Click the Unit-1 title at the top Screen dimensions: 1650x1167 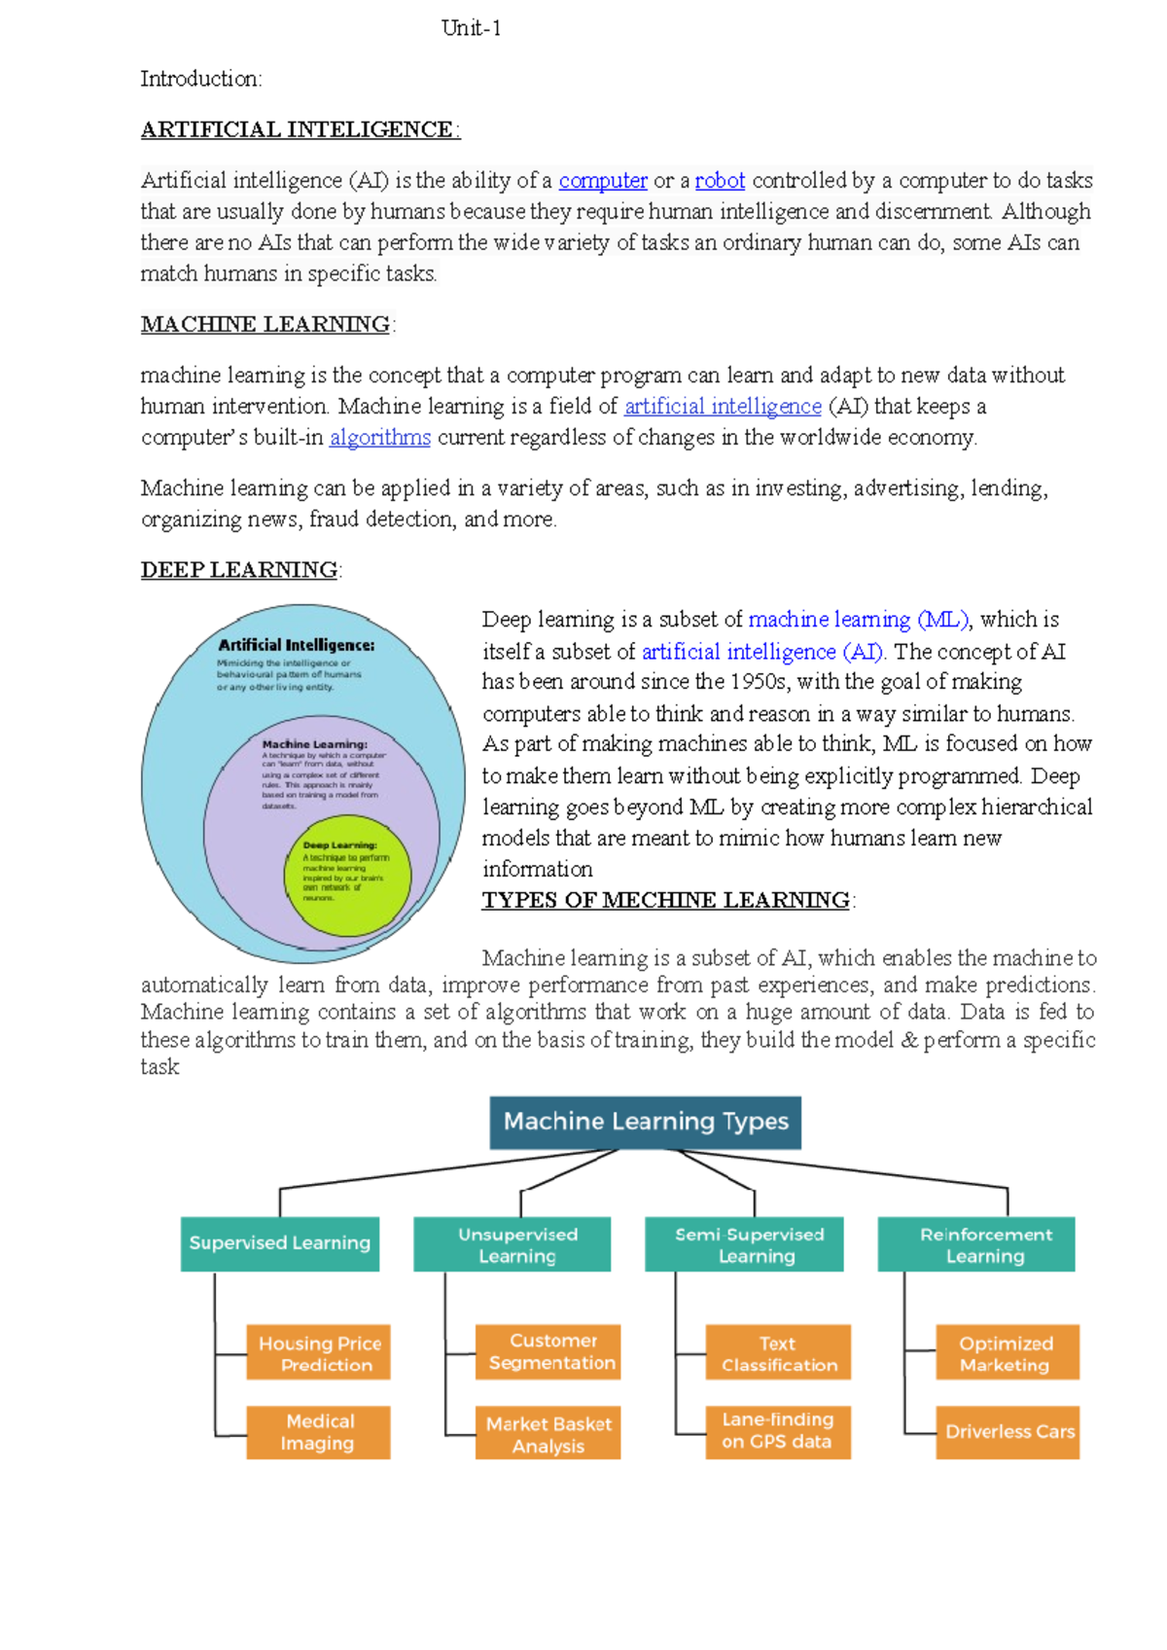[x=471, y=28]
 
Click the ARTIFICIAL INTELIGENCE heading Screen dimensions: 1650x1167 [x=298, y=130]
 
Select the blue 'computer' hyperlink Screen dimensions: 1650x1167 [x=603, y=181]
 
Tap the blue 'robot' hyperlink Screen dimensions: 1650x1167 [x=720, y=181]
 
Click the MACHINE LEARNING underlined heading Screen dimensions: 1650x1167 [x=265, y=325]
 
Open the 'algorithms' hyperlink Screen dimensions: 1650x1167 [x=379, y=438]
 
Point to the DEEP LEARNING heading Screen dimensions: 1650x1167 [x=239, y=570]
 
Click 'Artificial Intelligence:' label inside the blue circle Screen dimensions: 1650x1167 [x=296, y=645]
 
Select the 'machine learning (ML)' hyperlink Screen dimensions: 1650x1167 [x=859, y=620]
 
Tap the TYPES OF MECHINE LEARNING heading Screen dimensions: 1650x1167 [x=666, y=901]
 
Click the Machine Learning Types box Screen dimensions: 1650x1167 [x=646, y=1122]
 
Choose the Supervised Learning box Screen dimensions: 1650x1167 [x=280, y=1243]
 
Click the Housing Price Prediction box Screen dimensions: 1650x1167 [x=319, y=1352]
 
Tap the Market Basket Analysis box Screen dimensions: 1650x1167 [x=548, y=1433]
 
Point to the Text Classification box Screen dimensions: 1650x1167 [x=778, y=1352]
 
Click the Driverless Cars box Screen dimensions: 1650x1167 [x=1008, y=1432]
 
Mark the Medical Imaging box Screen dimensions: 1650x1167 [x=319, y=1432]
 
